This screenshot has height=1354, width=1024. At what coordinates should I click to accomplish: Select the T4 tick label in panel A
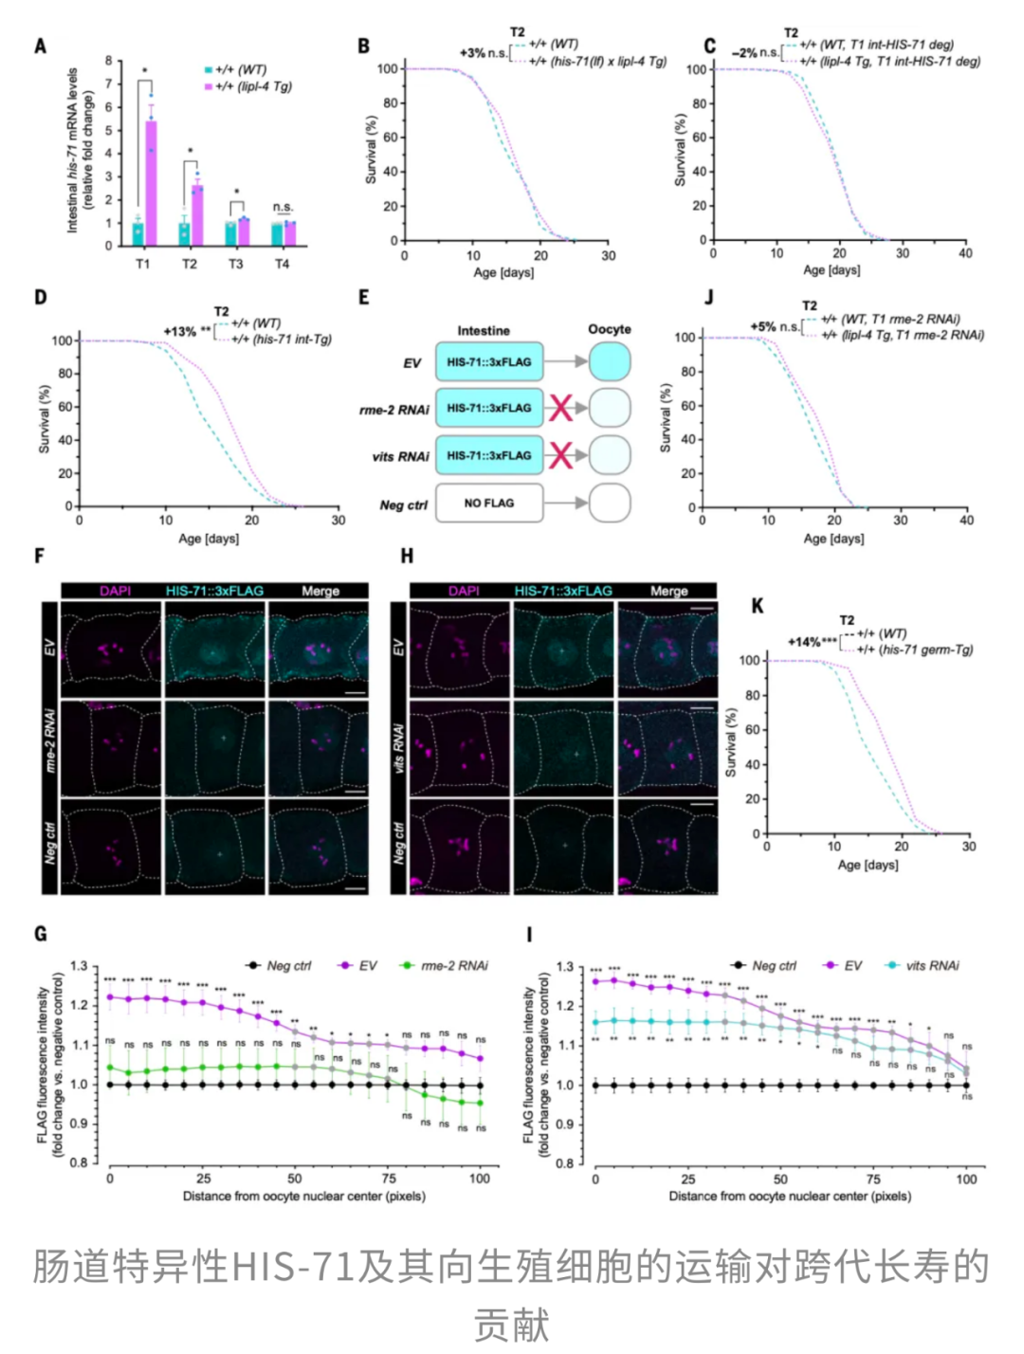tap(282, 264)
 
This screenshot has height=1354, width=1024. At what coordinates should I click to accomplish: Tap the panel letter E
tap(363, 298)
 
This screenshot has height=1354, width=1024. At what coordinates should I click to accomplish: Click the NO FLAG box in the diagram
tap(489, 503)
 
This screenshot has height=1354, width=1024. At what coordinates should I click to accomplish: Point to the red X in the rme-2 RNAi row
tap(561, 409)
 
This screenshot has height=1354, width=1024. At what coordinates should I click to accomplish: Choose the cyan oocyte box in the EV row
tap(610, 362)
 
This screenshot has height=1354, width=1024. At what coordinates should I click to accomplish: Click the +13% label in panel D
tap(179, 332)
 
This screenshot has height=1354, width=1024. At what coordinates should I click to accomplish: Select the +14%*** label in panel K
tap(813, 642)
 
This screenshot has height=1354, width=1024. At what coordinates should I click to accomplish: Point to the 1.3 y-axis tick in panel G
tap(78, 966)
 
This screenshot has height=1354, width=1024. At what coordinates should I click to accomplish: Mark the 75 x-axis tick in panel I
tap(873, 1180)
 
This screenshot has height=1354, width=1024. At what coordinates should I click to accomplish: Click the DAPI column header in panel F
tap(115, 591)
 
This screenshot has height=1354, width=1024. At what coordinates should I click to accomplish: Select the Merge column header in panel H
tap(668, 591)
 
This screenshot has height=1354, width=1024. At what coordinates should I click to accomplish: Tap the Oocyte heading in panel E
tap(609, 329)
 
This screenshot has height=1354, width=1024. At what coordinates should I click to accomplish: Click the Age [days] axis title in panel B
tap(503, 273)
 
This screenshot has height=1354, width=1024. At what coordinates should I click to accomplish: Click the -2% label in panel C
tap(744, 53)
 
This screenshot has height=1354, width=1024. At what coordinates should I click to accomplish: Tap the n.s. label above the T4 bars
tap(283, 207)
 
